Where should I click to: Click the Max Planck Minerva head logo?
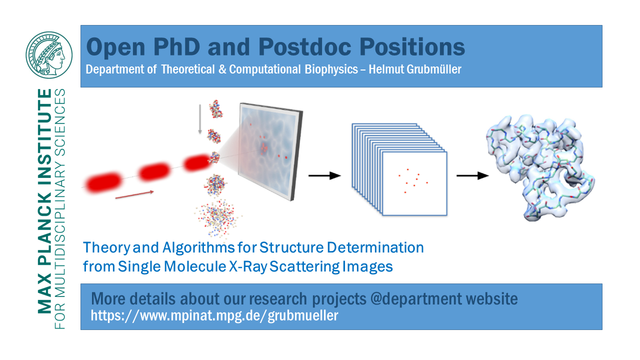pos(49,55)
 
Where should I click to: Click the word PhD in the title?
pos(176,47)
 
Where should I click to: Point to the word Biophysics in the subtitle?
pos(331,69)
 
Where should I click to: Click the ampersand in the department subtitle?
pos(222,69)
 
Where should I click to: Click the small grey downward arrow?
pos(200,119)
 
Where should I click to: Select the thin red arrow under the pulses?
pos(134,194)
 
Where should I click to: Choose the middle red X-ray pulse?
pos(154,171)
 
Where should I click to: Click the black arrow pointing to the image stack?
pos(324,175)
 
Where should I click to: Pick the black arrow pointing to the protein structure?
pos(472,175)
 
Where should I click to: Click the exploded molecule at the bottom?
pos(218,218)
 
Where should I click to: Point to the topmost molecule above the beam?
pos(215,109)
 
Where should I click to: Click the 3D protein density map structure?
pos(540,168)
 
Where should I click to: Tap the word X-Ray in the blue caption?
pos(248,266)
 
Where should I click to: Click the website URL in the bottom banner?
pos(214,315)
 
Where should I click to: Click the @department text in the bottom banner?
pos(416,299)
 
